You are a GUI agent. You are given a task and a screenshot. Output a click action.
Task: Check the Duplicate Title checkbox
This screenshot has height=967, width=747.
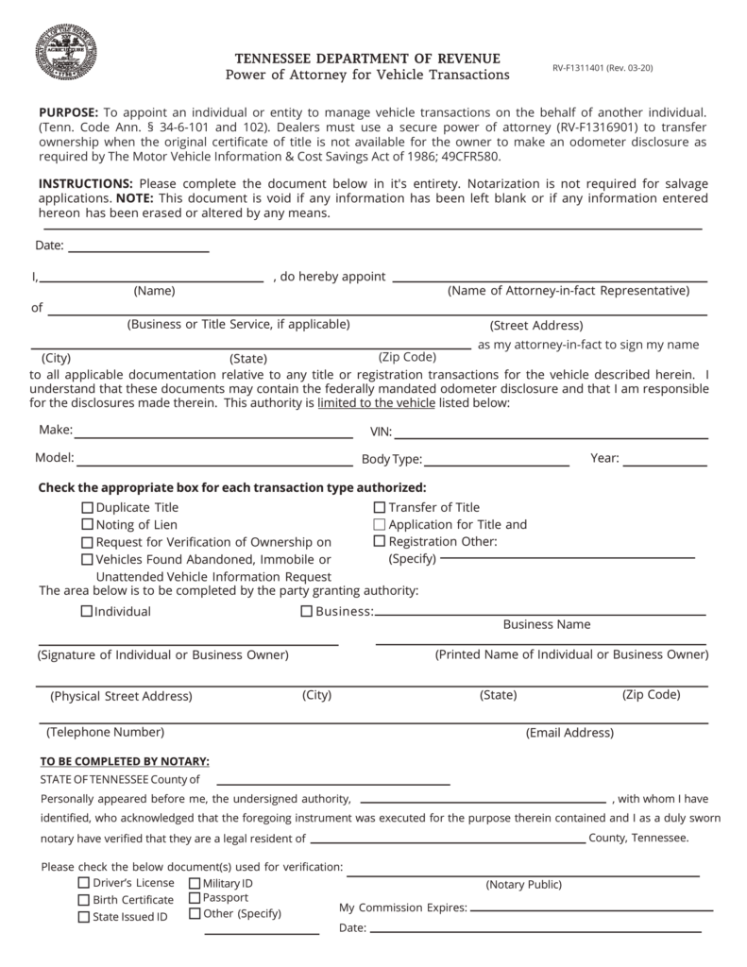pyautogui.click(x=88, y=507)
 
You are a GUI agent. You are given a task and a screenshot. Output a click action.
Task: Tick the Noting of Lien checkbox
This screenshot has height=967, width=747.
pyautogui.click(x=88, y=524)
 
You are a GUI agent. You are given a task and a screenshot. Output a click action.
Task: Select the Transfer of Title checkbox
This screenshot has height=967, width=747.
pyautogui.click(x=380, y=507)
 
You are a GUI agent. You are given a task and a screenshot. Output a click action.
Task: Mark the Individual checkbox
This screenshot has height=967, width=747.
pyautogui.click(x=87, y=611)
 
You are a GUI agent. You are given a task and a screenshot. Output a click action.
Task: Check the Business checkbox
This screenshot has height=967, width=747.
pyautogui.click(x=307, y=611)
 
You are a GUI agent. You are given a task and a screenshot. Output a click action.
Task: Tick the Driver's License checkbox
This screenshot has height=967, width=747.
pyautogui.click(x=84, y=883)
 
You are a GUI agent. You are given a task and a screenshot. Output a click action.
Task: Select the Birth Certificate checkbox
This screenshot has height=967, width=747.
pyautogui.click(x=84, y=899)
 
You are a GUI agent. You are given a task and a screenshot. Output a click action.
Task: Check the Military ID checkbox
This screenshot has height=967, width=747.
pyautogui.click(x=195, y=883)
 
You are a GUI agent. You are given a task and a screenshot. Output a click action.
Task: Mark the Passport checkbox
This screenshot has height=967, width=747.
pyautogui.click(x=195, y=898)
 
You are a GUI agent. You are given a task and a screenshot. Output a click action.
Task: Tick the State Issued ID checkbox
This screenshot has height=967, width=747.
pyautogui.click(x=84, y=916)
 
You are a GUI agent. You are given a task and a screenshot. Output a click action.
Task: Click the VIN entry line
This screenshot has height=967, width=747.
pyautogui.click(x=551, y=436)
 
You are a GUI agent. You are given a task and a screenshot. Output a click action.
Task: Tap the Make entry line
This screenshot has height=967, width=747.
pyautogui.click(x=213, y=436)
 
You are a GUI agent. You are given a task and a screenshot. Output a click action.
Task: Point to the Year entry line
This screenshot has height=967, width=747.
pyautogui.click(x=665, y=464)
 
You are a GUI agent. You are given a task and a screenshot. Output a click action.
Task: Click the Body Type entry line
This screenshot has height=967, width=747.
pyautogui.click(x=497, y=464)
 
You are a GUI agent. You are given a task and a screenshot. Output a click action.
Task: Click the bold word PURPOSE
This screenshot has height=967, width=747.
pyautogui.click(x=68, y=111)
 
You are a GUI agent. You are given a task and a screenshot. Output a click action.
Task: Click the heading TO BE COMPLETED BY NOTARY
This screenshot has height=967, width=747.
pyautogui.click(x=125, y=761)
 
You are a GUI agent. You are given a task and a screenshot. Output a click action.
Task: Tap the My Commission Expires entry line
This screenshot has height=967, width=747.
pyautogui.click(x=591, y=909)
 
